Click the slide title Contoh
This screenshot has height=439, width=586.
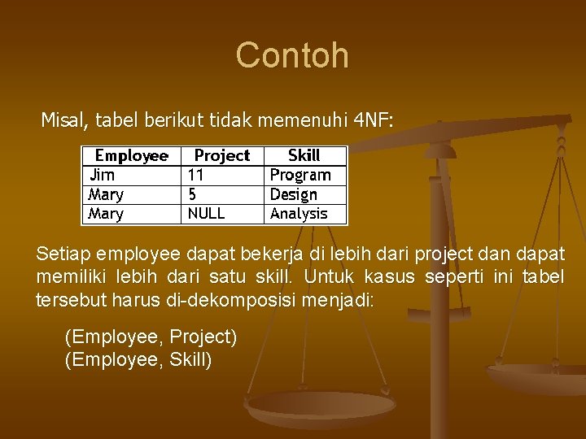pos(292,55)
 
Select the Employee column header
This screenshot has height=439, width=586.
pos(131,155)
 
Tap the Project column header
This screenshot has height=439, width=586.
pos(222,155)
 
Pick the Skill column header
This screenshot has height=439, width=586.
pos(304,155)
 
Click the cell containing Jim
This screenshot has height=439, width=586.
pos(102,175)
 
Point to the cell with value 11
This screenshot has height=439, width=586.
pos(196,175)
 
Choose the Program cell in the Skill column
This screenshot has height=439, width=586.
pos(300,175)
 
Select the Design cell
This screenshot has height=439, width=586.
pos(294,194)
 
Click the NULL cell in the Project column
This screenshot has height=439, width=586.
pos(207,214)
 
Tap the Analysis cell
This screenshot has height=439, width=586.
pos(299,214)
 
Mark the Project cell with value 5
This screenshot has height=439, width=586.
pos(192,194)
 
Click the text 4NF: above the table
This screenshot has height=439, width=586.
pos(374,121)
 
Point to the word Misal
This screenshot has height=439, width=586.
pos(64,121)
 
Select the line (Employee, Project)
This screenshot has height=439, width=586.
pos(151,337)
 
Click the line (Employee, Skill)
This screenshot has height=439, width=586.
pos(138,359)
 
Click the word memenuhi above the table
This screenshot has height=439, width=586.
pos(313,121)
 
